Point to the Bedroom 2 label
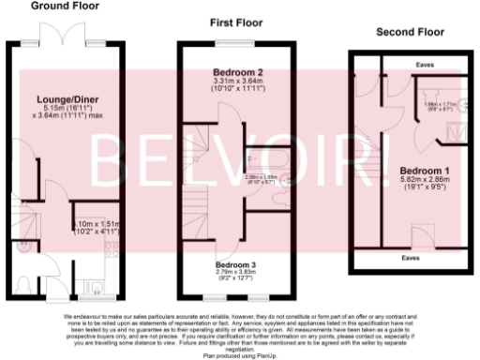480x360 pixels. coord(238,72)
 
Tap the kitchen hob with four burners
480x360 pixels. coord(112,248)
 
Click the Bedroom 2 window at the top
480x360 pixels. coord(237,45)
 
